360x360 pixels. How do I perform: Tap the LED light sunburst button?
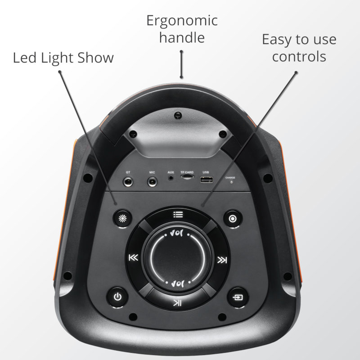tap(122, 218)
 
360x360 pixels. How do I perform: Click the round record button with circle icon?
tap(233, 219)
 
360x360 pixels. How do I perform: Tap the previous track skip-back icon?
tap(133, 257)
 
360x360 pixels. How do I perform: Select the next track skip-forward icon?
tap(222, 260)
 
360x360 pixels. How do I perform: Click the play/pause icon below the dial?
tap(177, 303)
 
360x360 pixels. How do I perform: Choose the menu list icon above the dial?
tap(178, 215)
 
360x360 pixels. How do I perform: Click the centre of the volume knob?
tap(177, 258)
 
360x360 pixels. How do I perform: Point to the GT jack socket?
tap(128, 183)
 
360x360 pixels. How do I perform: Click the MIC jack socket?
tap(152, 183)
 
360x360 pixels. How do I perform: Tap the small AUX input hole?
tap(171, 178)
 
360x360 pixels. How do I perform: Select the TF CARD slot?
tap(187, 177)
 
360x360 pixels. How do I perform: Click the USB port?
tap(206, 180)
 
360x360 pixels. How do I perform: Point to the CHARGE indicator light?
tap(231, 182)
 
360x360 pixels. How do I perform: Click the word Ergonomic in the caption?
tap(182, 21)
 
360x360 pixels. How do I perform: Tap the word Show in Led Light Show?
tap(95, 58)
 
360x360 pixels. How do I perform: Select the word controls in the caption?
tap(299, 57)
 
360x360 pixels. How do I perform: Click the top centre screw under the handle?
tap(178, 115)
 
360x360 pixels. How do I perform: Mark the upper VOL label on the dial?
tap(177, 234)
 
